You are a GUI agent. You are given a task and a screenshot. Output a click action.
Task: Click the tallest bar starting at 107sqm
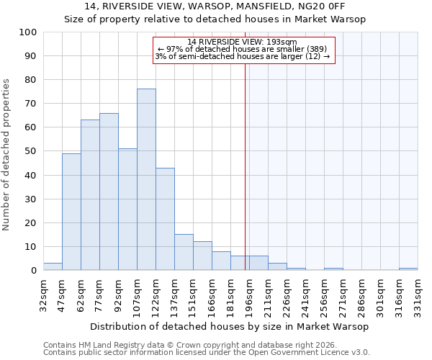146,179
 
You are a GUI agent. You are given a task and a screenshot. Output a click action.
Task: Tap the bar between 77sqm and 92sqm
109,192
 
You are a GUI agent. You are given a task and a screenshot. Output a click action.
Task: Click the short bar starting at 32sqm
53,266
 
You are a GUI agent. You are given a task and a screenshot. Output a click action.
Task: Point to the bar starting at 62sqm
90,195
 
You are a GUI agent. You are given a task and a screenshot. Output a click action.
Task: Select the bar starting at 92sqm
127,210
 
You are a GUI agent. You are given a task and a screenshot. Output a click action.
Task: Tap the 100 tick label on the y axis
27,32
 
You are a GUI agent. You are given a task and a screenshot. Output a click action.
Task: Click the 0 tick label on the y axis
33,271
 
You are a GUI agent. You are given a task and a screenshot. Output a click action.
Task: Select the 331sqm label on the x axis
418,295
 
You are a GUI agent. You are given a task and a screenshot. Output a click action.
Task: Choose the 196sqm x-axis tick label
249,295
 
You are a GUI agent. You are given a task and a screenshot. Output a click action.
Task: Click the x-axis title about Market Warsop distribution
230,326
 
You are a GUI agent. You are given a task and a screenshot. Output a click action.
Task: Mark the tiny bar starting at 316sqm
408,269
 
